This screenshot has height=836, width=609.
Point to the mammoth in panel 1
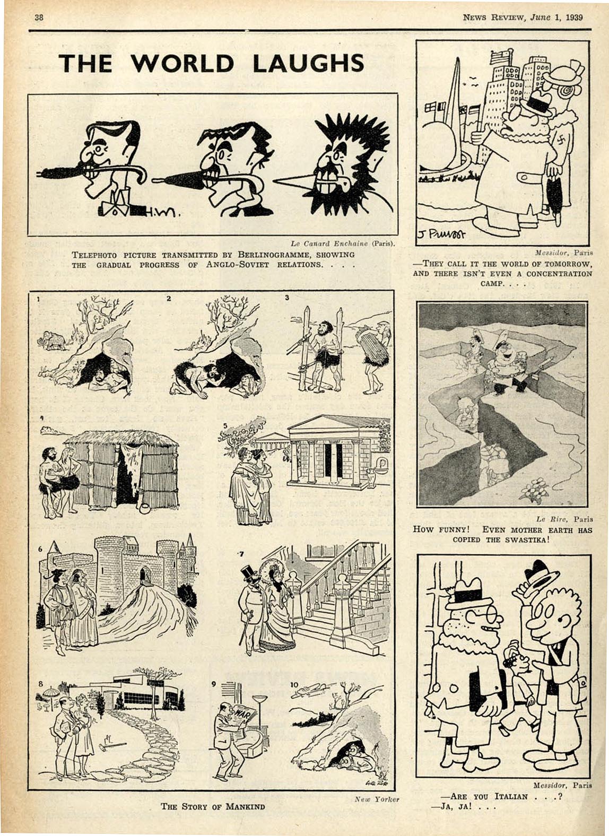(52, 340)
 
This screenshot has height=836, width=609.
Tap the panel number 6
(40, 549)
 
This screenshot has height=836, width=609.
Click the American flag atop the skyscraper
(501, 57)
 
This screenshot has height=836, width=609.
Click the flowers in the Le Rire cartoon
(534, 489)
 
